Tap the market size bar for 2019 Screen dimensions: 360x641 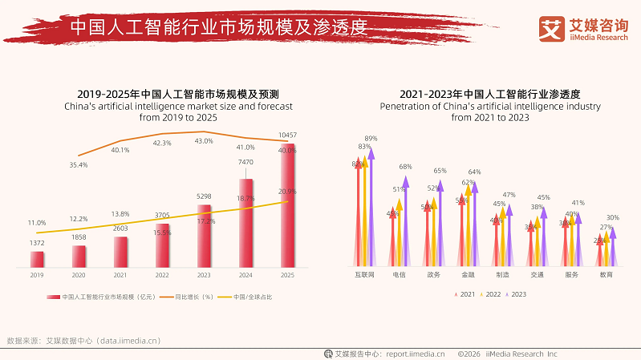(x=37, y=258)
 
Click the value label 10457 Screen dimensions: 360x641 (x=286, y=135)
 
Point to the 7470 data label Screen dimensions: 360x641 (x=245, y=163)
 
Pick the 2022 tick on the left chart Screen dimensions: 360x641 (x=162, y=275)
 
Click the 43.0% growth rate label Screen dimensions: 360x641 (x=204, y=141)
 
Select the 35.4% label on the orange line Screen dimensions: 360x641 (x=79, y=164)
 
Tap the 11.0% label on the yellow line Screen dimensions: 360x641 (x=37, y=222)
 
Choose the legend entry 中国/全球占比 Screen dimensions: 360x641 (x=252, y=297)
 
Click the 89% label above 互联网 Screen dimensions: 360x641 (x=371, y=138)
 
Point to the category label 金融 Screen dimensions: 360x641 (x=468, y=275)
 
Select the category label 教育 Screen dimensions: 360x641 (x=606, y=275)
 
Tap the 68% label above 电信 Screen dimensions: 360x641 (x=405, y=167)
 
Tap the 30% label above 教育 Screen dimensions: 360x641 (x=612, y=217)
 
